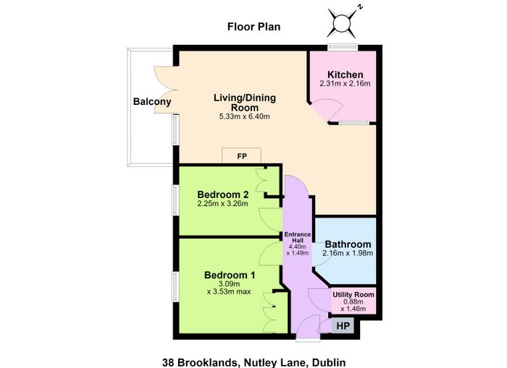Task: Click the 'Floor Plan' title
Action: pyautogui.click(x=253, y=27)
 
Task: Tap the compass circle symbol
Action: pyautogui.click(x=342, y=24)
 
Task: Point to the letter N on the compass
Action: pyautogui.click(x=361, y=7)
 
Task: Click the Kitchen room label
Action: pyautogui.click(x=345, y=74)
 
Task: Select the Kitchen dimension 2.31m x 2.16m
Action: pyautogui.click(x=345, y=84)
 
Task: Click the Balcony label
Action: pyautogui.click(x=152, y=102)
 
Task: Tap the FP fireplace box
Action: pyautogui.click(x=241, y=155)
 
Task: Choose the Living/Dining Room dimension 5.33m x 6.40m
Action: pyautogui.click(x=245, y=116)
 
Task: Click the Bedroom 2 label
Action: pyautogui.click(x=223, y=194)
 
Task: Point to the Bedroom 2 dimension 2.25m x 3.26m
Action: pyautogui.click(x=223, y=204)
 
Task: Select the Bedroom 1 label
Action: pyautogui.click(x=230, y=275)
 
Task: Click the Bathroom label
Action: pyautogui.click(x=348, y=244)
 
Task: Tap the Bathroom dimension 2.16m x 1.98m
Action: pyautogui.click(x=348, y=253)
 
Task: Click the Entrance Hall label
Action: pyautogui.click(x=298, y=237)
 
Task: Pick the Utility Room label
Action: pyautogui.click(x=353, y=294)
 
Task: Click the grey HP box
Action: pyautogui.click(x=343, y=326)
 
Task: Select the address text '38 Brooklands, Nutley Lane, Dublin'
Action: pyautogui.click(x=253, y=362)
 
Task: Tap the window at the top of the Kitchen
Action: pyautogui.click(x=343, y=48)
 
